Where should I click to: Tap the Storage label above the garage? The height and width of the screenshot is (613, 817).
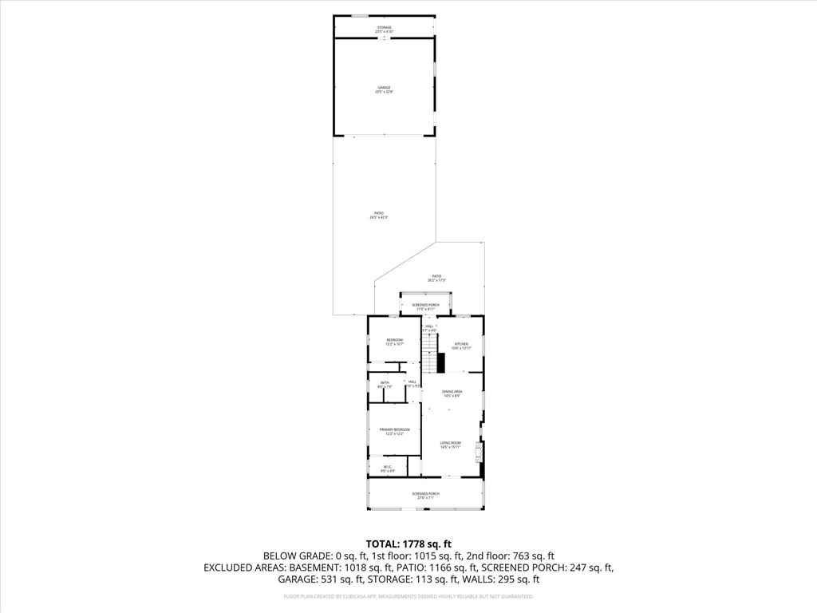[385, 29]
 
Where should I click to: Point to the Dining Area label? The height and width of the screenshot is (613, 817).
[452, 393]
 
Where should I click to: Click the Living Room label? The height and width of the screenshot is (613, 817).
[451, 445]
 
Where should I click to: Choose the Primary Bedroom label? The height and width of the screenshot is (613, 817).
[394, 432]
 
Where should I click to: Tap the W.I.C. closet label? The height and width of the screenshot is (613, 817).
[387, 469]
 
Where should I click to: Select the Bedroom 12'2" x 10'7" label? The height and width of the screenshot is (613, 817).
[394, 342]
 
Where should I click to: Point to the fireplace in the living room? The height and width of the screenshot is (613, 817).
[479, 453]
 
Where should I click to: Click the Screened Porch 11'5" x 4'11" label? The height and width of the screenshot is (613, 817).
[425, 306]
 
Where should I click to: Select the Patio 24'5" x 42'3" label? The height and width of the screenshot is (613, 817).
[378, 215]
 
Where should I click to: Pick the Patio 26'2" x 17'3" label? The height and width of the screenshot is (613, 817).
[436, 278]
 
